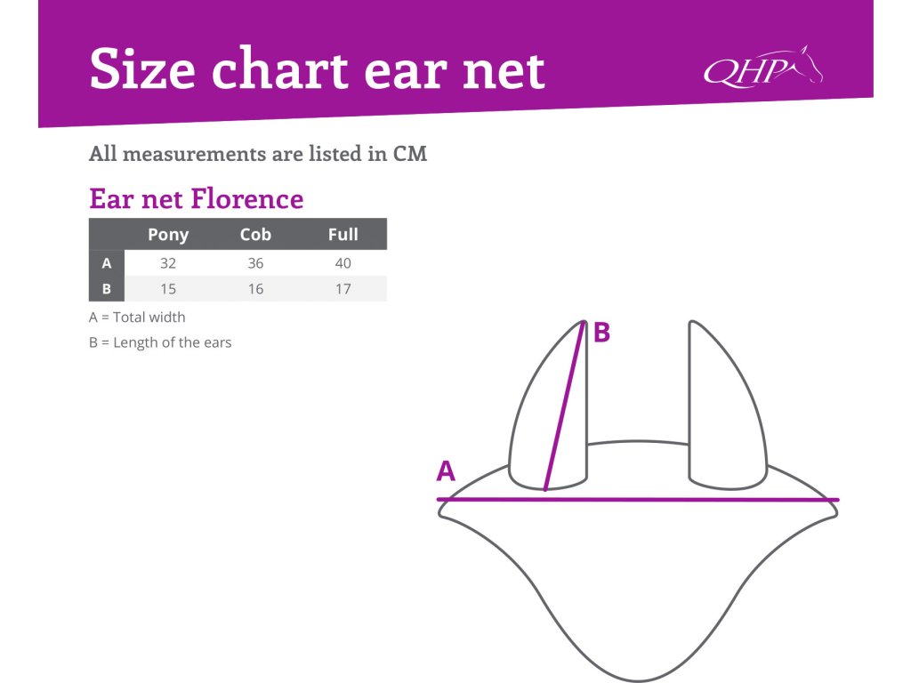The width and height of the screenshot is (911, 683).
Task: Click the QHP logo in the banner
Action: tap(762, 68)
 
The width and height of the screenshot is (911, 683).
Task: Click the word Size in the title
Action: tap(142, 69)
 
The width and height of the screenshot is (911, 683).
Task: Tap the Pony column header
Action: tap(168, 235)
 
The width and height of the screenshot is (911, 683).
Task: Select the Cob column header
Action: tap(255, 234)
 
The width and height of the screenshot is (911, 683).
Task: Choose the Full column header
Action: tap(343, 234)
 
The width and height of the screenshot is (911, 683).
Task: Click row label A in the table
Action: tap(107, 263)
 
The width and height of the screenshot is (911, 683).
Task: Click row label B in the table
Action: tap(107, 289)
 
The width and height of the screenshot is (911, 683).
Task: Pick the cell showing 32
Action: tap(168, 263)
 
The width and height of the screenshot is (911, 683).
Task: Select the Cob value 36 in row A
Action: tap(255, 263)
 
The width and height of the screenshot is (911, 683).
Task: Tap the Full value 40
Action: tap(343, 263)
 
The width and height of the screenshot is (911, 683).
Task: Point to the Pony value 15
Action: tap(168, 289)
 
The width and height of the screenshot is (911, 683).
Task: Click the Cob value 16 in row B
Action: tap(255, 289)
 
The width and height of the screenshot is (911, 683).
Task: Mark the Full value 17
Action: tap(343, 289)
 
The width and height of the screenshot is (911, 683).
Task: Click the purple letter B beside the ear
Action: tap(602, 333)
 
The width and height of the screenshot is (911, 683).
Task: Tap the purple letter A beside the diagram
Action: tap(446, 471)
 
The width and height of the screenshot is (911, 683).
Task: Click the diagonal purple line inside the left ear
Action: tap(563, 406)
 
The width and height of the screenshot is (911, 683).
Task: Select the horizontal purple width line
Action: tap(638, 500)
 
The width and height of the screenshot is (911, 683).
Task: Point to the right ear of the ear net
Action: tap(728, 405)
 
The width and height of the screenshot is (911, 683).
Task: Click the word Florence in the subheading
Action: tap(247, 198)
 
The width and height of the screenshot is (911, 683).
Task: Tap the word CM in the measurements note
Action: tap(410, 154)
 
